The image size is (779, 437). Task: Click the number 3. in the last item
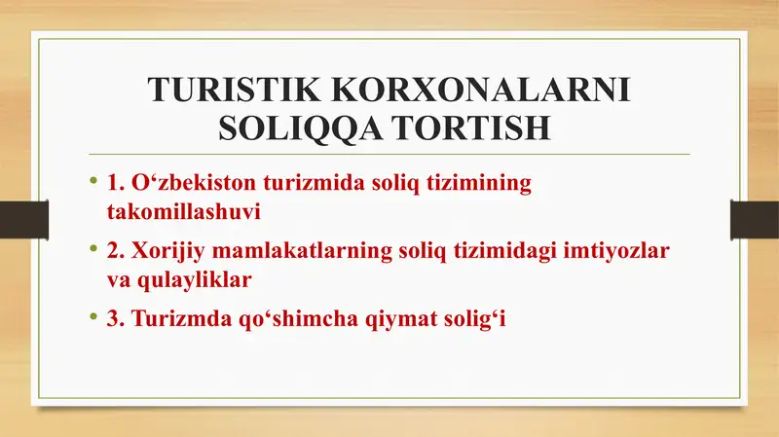pos(116,318)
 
